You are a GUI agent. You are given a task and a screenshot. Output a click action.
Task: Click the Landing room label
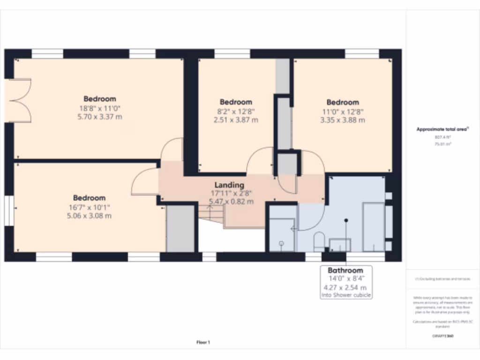click(x=229, y=185)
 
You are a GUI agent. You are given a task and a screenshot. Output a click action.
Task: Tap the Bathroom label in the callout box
click(x=345, y=270)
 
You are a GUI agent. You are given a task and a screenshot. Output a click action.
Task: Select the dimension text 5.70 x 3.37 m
click(x=99, y=117)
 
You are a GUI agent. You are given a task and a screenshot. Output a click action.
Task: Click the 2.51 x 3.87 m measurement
click(x=236, y=120)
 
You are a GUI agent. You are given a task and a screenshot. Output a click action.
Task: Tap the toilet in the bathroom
click(x=319, y=240)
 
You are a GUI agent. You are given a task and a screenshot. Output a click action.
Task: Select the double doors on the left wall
click(x=19, y=100)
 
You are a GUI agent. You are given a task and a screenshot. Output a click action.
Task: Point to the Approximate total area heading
click(x=442, y=129)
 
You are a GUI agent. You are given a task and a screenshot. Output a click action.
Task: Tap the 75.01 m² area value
click(x=442, y=144)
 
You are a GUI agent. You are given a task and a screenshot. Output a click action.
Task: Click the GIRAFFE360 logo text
click(x=442, y=336)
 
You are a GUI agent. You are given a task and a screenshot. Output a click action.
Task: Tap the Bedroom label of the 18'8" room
click(x=99, y=99)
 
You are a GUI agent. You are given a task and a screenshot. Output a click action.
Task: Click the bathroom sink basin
click(x=340, y=244)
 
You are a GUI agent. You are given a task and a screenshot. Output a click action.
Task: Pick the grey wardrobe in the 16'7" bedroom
click(x=180, y=228)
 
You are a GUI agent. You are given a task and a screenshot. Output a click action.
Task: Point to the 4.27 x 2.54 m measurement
click(x=345, y=287)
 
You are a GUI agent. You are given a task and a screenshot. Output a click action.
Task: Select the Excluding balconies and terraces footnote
click(x=442, y=279)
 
